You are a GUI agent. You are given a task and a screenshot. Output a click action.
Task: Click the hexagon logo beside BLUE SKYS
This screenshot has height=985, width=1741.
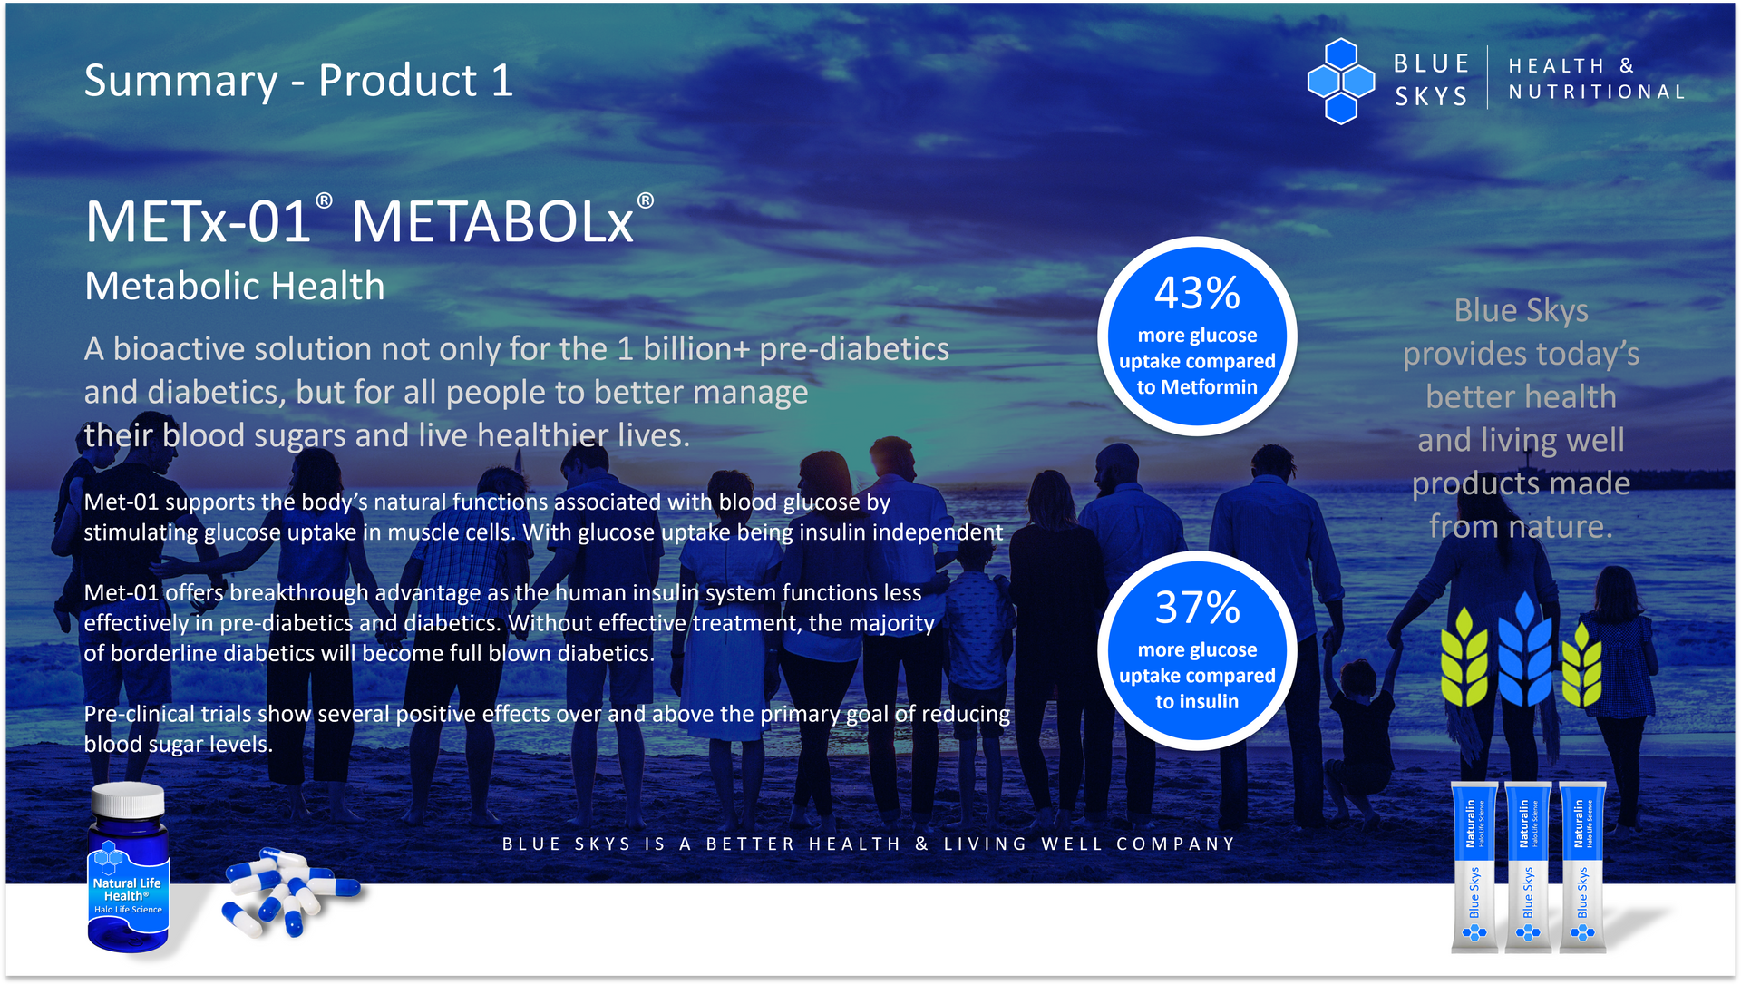[x=1340, y=81]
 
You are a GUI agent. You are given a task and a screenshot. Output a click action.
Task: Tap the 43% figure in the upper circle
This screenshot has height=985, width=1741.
[x=1197, y=293]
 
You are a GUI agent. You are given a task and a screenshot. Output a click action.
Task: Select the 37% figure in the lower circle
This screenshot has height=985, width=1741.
[x=1197, y=608]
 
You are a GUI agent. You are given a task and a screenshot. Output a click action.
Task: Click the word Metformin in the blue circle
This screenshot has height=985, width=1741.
[x=1209, y=387]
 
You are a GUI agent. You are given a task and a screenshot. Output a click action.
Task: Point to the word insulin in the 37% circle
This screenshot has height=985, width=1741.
[x=1209, y=702]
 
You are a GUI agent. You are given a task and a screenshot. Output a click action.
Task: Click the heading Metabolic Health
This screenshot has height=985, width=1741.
[x=235, y=287]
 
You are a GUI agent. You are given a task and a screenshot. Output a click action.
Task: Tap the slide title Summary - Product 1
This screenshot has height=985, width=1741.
[x=298, y=81]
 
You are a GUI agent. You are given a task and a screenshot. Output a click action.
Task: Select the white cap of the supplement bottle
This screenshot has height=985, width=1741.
[x=128, y=800]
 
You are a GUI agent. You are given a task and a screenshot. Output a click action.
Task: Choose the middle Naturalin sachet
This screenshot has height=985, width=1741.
[x=1529, y=867]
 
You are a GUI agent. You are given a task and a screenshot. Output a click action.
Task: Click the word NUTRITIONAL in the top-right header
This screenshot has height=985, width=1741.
[x=1597, y=93]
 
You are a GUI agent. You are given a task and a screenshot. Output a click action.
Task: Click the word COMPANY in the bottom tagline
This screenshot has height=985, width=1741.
[x=1176, y=844]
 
